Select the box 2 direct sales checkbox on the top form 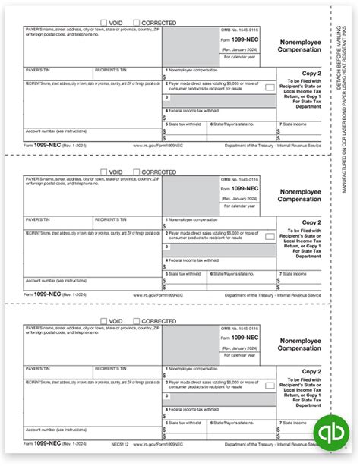pyautogui.click(x=269, y=88)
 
